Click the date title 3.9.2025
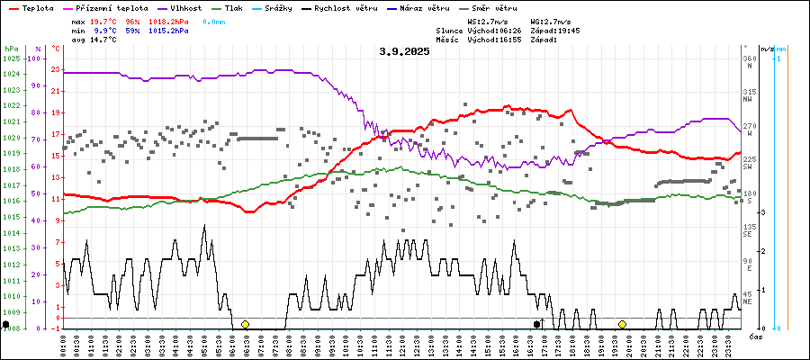click(x=404, y=51)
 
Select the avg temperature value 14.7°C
click(x=106, y=40)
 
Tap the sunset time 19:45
click(x=569, y=30)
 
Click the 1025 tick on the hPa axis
click(x=11, y=58)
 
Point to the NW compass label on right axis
click(x=748, y=100)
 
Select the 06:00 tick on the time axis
click(x=233, y=344)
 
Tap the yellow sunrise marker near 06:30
click(x=245, y=324)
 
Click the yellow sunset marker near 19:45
click(x=622, y=324)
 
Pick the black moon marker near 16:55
click(x=537, y=324)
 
